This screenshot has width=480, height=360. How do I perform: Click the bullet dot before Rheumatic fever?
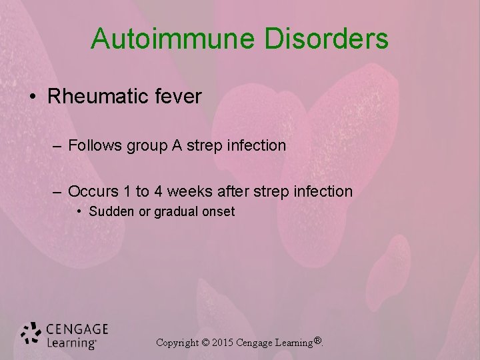(x=33, y=97)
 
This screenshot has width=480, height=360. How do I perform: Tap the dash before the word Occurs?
(x=58, y=192)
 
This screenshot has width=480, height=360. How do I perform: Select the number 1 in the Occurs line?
(x=127, y=191)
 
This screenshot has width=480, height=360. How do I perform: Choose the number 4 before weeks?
(x=158, y=191)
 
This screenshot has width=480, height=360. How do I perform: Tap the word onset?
(x=217, y=212)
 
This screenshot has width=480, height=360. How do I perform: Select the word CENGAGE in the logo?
(x=77, y=329)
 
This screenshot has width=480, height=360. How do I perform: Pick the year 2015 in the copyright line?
(x=225, y=343)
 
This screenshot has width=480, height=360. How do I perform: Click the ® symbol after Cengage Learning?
(x=318, y=341)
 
